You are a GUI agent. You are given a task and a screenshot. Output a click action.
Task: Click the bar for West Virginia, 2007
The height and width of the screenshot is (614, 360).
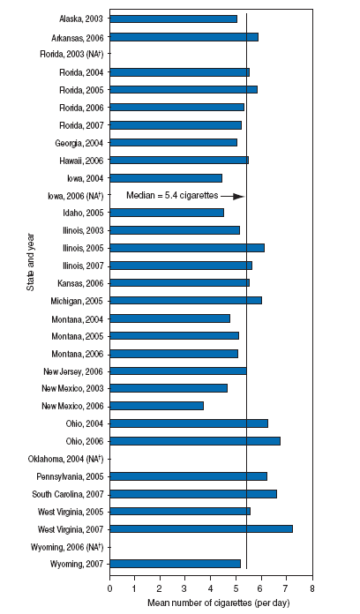click(x=201, y=528)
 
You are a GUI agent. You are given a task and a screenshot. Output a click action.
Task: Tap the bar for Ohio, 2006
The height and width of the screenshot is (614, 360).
click(x=195, y=440)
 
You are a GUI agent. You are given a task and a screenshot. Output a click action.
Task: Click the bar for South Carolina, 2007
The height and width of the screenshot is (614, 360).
click(x=193, y=493)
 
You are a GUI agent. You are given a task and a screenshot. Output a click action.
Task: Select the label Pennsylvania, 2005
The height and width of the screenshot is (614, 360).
click(x=70, y=476)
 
